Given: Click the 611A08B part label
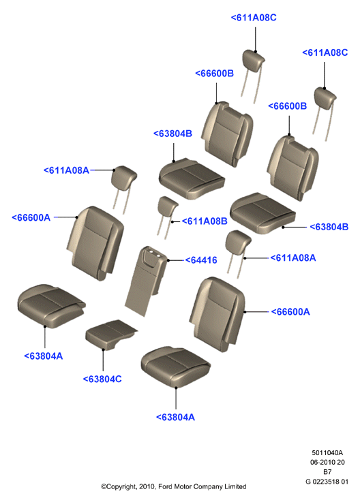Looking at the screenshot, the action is click(205, 221).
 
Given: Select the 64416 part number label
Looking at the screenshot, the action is click(201, 260).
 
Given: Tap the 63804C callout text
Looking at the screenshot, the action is click(102, 379).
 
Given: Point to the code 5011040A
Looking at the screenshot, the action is click(327, 452).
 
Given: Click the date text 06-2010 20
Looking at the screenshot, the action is click(327, 462).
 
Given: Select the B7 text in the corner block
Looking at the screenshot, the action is click(327, 472).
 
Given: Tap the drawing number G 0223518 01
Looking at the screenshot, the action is click(327, 482).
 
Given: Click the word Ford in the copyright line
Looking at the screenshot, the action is click(165, 486).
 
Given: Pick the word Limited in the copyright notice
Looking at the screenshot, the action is click(235, 486).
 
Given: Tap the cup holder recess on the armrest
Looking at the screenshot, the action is click(154, 255).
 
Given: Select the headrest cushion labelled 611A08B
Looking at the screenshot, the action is click(167, 206).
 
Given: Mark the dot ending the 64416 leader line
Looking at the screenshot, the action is click(168, 260).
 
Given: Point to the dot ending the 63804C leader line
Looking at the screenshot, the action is click(103, 350).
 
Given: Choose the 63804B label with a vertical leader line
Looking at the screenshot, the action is click(172, 134).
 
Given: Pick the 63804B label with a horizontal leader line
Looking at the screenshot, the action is click(329, 227).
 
